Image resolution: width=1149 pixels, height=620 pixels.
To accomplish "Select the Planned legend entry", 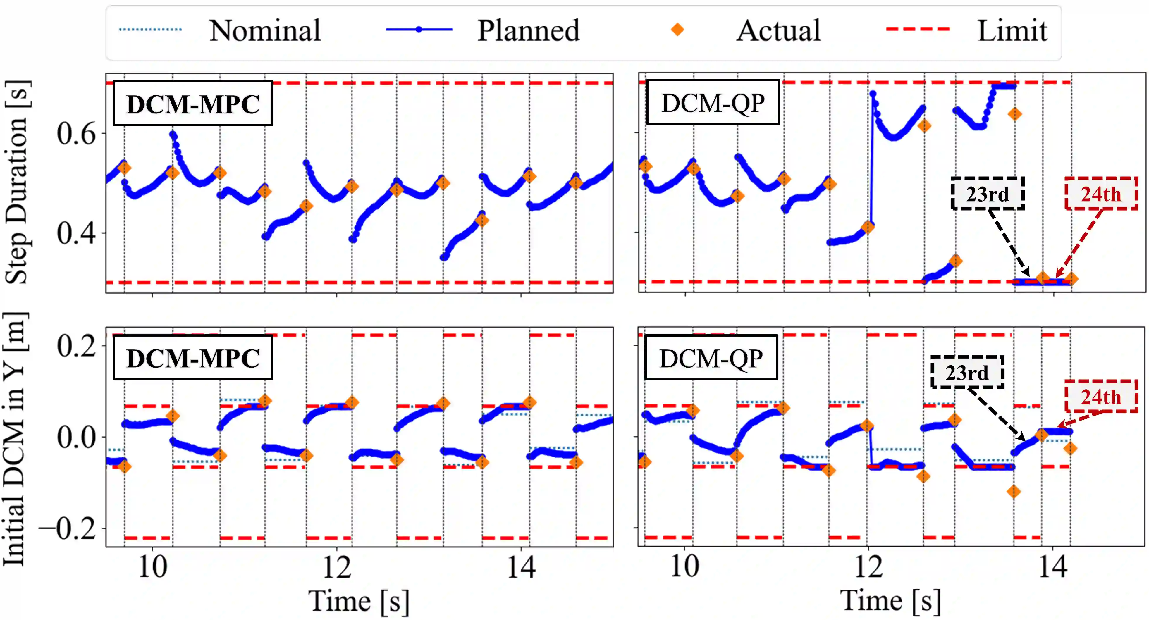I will point(528,30).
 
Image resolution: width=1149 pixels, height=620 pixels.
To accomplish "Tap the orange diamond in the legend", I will point(677,30).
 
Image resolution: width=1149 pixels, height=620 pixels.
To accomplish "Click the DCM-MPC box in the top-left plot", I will point(193,104).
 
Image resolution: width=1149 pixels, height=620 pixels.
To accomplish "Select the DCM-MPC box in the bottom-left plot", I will point(193,358).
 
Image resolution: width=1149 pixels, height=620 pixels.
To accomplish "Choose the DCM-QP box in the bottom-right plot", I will point(711,358).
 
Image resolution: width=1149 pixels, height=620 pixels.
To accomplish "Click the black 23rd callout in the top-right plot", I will point(988,194).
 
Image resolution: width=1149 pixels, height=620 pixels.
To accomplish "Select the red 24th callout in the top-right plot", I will point(1101,194).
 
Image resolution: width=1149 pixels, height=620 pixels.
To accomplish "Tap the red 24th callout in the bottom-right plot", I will point(1101,396).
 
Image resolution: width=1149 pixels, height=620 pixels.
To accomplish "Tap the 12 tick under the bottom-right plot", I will point(868,567).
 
